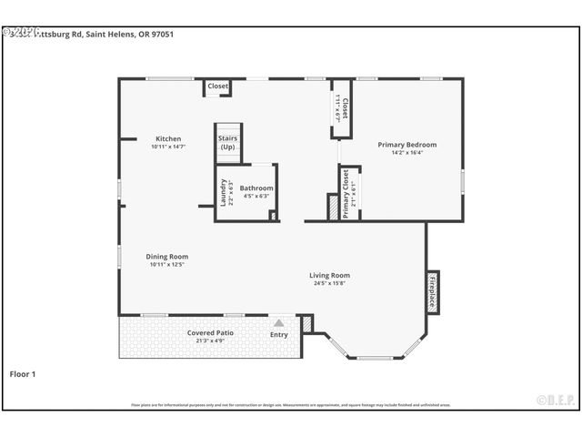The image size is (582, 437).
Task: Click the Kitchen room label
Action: pyautogui.click(x=168, y=139)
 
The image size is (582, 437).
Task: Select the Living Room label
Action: pyautogui.click(x=329, y=276)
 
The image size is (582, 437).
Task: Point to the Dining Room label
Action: pyautogui.click(x=167, y=257)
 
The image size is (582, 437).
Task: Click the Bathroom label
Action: pyautogui.click(x=256, y=188)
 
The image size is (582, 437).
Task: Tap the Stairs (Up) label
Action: pyautogui.click(x=227, y=143)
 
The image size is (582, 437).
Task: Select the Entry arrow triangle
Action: pyautogui.click(x=279, y=322)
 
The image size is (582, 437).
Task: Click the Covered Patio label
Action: pyautogui.click(x=211, y=333)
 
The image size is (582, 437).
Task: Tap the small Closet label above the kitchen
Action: pyautogui.click(x=218, y=86)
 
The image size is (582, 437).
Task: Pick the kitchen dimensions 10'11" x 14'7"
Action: pyautogui.click(x=168, y=147)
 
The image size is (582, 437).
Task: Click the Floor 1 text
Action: pyautogui.click(x=23, y=373)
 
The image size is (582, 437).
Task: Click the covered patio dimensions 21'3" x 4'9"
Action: pyautogui.click(x=211, y=341)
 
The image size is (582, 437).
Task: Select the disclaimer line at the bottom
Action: pyautogui.click(x=291, y=405)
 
